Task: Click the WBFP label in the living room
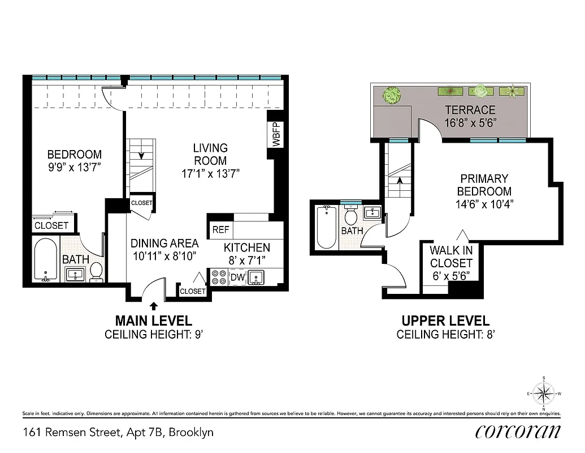tap(276, 134)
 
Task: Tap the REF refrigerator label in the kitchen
tap(220, 230)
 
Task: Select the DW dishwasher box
tap(237, 277)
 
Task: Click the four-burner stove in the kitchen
tap(219, 277)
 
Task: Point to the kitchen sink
tap(257, 277)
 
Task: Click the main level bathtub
tap(45, 260)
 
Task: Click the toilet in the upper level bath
tap(351, 216)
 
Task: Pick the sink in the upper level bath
tap(372, 213)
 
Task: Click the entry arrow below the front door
tap(154, 305)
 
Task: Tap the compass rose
tap(544, 392)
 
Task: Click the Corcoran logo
tap(518, 431)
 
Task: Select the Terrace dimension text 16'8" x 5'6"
tap(470, 122)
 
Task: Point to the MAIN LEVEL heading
tap(154, 321)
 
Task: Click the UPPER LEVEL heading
tap(445, 321)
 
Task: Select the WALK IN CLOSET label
tap(450, 257)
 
